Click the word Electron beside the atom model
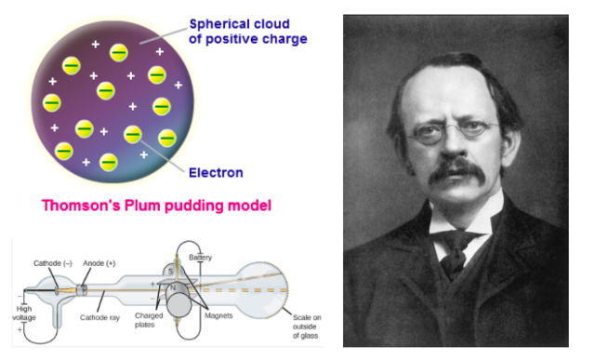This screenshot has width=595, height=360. click(215, 172)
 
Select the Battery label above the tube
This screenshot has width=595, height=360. click(200, 257)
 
